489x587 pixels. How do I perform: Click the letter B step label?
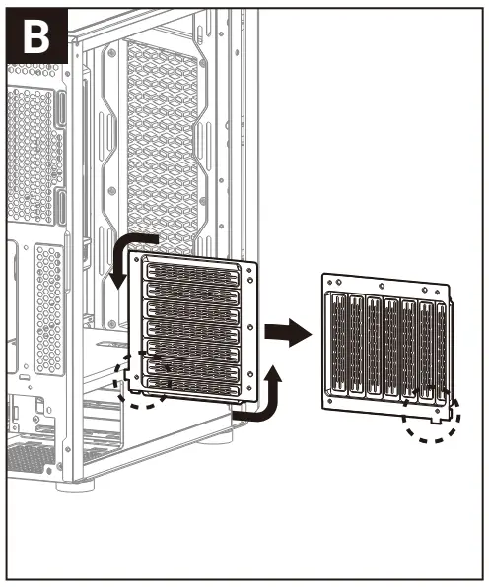click(36, 36)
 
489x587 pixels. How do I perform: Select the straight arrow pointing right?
click(288, 334)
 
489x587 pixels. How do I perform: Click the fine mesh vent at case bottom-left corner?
click(30, 457)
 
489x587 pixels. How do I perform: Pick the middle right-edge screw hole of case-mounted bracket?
click(252, 327)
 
